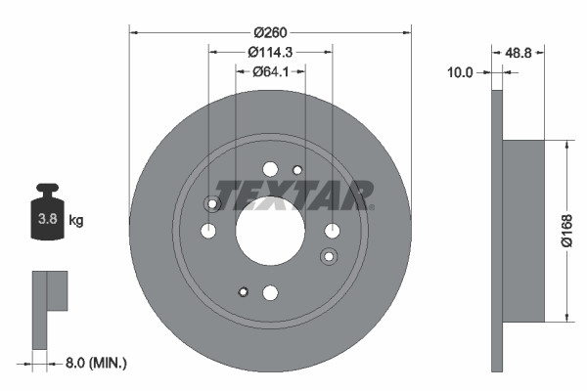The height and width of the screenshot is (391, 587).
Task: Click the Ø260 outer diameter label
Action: point(270,15)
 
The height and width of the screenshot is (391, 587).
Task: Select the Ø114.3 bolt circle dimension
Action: point(271,52)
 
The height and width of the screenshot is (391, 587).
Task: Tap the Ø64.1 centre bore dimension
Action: point(270,71)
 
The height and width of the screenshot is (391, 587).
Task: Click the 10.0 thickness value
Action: point(460,72)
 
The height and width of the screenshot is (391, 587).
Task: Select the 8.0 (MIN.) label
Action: point(94,363)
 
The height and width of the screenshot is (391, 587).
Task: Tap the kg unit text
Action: point(76,221)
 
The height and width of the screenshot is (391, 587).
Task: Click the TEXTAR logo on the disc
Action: point(293,195)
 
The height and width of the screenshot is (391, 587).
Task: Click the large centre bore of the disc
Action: point(271,231)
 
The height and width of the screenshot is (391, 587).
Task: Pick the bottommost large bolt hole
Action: point(271,292)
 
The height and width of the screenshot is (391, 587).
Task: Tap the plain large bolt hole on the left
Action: point(208,232)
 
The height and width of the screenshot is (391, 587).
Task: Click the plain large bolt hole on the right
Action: point(333,231)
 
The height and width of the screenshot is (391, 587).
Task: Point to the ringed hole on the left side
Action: point(210,203)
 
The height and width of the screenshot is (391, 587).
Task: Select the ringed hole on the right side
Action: point(329,256)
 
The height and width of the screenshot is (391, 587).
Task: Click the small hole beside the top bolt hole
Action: point(298,173)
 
